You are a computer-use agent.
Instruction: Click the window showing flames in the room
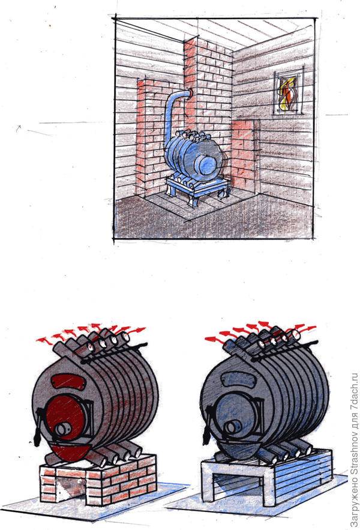point(288,92)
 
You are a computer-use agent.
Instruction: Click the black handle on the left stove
point(38,427)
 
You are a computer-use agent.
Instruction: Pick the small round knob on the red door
point(63,429)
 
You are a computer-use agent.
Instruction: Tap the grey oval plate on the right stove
point(237,380)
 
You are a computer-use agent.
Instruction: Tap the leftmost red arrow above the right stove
point(214,339)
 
